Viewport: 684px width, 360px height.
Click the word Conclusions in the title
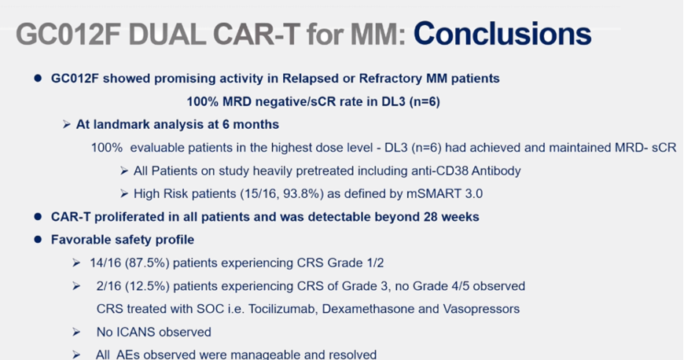coord(502,34)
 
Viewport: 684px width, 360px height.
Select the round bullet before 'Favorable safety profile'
coord(38,240)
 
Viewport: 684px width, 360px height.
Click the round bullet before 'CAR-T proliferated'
coord(38,217)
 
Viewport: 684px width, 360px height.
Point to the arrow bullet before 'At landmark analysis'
coord(66,125)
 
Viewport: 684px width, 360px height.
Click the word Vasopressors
coord(481,309)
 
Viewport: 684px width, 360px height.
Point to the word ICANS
coord(136,332)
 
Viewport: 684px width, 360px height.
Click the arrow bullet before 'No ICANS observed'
coord(76,332)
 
